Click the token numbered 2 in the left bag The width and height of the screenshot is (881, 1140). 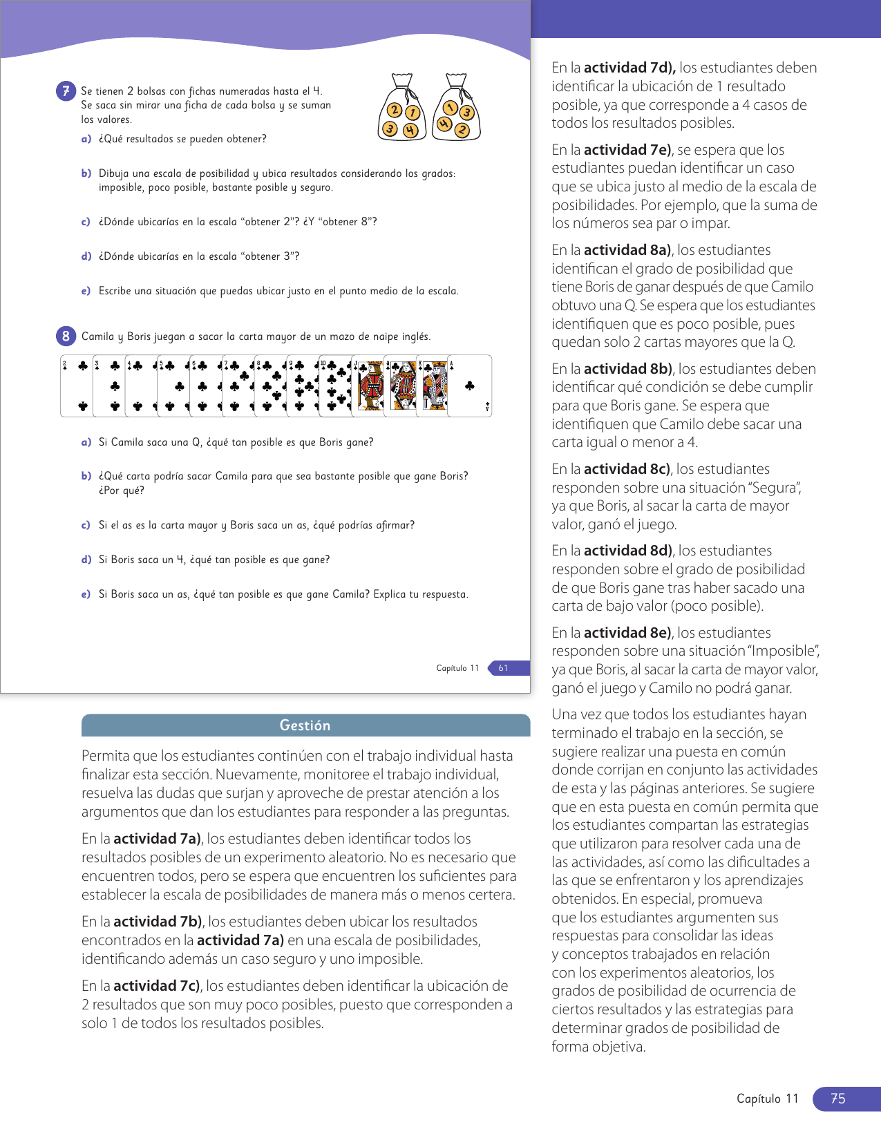click(x=394, y=110)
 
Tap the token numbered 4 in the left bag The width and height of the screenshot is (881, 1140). click(x=410, y=129)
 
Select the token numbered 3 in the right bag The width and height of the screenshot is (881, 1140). click(x=467, y=112)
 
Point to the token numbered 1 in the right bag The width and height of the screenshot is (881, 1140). click(x=450, y=107)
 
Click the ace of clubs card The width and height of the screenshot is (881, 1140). click(x=470, y=386)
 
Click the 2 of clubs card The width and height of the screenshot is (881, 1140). click(x=76, y=386)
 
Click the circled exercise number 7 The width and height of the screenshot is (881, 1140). click(x=66, y=91)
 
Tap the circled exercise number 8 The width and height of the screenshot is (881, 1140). click(x=66, y=336)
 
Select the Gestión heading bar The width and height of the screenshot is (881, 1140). click(x=305, y=725)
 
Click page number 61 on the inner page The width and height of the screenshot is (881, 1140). click(x=503, y=668)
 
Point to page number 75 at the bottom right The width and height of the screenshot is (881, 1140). click(x=837, y=1099)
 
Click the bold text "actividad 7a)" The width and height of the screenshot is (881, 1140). click(x=157, y=839)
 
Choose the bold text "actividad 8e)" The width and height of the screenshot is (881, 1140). click(x=627, y=633)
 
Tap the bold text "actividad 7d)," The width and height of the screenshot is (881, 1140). click(x=629, y=68)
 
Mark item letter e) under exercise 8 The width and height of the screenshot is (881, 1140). click(x=86, y=594)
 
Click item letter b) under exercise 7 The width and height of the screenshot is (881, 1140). click(x=86, y=173)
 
